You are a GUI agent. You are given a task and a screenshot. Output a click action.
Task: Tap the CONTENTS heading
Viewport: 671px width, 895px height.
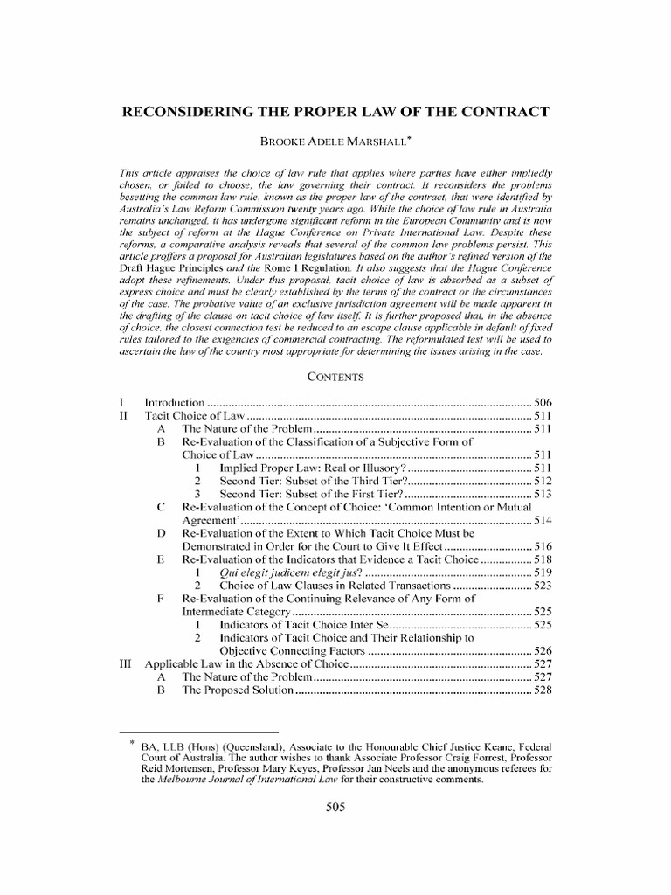pyautogui.click(x=335, y=377)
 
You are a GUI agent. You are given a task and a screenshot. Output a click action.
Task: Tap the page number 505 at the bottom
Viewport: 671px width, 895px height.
pyautogui.click(x=335, y=808)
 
